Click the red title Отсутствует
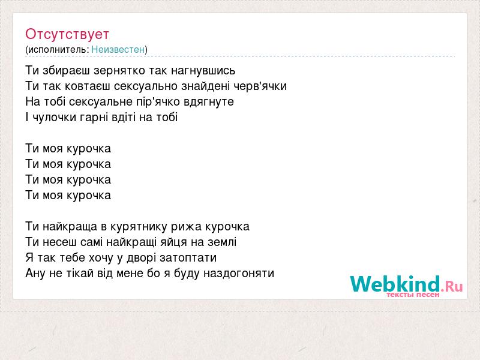(67, 34)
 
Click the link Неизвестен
(118, 50)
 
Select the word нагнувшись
(203, 71)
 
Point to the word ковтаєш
(87, 86)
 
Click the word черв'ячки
(260, 86)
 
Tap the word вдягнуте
(209, 101)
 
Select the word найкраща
(70, 227)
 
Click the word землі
(222, 242)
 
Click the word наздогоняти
(239, 274)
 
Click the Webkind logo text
(406, 283)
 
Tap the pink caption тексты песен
(413, 295)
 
